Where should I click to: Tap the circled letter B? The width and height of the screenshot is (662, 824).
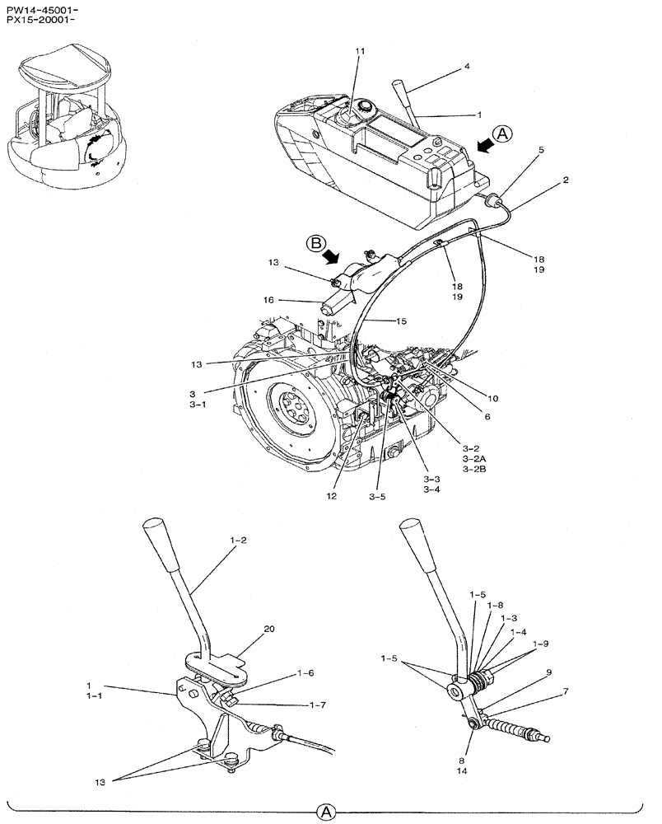(316, 243)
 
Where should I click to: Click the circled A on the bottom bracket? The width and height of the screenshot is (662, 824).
(327, 812)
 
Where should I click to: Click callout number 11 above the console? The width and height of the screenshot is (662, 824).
(360, 51)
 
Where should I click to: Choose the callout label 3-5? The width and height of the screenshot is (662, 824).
(377, 497)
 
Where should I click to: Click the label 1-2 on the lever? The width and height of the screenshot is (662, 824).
(238, 541)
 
